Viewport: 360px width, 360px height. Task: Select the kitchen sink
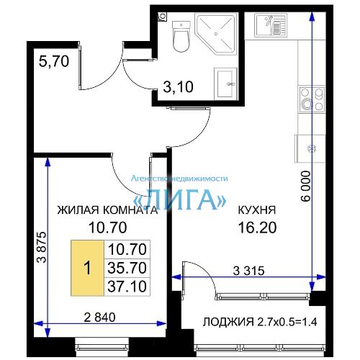point(271,24)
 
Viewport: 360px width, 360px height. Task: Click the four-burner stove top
point(312,99)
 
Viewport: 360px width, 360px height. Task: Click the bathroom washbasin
point(225,84)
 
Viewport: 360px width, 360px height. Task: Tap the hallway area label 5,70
point(54,61)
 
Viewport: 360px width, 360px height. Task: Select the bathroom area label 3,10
point(178,87)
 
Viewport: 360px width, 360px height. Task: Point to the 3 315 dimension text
point(248,271)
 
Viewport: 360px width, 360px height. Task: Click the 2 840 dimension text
point(99,318)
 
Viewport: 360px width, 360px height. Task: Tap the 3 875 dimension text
point(41,247)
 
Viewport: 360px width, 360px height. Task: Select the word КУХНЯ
point(257,210)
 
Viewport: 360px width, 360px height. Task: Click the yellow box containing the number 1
point(87,268)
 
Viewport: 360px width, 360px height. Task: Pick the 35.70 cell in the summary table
point(127,268)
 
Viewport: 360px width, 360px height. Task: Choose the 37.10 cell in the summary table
point(127,287)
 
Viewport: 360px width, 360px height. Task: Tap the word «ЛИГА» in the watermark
point(179,199)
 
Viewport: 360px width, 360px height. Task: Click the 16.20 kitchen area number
point(257,228)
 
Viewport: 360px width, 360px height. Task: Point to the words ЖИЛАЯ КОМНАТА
point(107,210)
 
